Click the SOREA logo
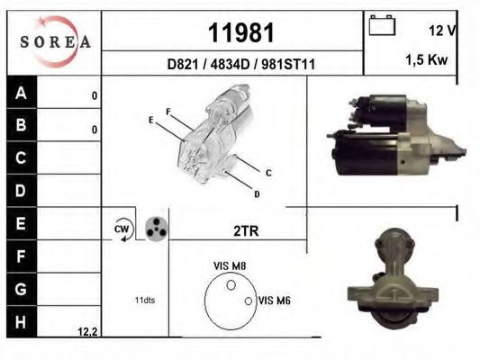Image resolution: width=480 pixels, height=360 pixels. tap(55, 41)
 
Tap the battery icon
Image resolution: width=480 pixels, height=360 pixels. tap(381, 26)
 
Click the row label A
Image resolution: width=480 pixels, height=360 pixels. tap(22, 94)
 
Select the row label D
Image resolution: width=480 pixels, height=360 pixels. tap(22, 191)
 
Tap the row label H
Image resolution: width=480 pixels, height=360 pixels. tap(22, 320)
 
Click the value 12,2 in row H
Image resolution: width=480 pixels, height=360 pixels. tap(88, 331)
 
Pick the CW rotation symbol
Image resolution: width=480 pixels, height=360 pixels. tap(122, 230)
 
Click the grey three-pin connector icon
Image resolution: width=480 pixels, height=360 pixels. tap(157, 229)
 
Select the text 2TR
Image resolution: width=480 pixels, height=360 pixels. tap(246, 231)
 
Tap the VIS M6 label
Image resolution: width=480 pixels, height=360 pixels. tap(274, 301)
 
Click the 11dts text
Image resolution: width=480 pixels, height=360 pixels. tap(144, 300)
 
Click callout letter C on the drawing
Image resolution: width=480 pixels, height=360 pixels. tap(268, 172)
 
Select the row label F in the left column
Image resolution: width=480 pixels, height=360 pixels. tap(22, 256)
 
